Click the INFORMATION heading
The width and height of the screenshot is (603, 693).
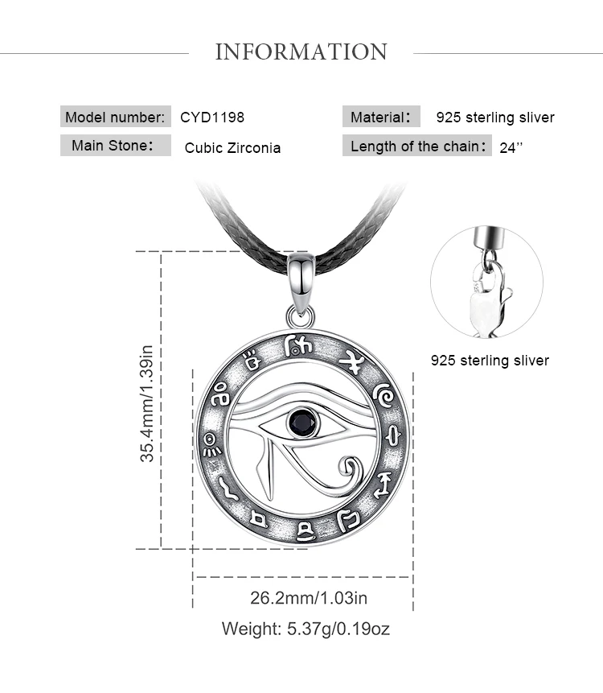click(301, 52)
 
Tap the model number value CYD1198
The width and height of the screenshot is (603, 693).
click(212, 117)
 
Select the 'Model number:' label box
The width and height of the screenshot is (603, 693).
click(116, 117)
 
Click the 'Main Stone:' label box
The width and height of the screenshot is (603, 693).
click(116, 146)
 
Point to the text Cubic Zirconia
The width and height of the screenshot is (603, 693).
click(232, 147)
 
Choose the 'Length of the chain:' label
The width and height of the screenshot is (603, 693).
click(416, 146)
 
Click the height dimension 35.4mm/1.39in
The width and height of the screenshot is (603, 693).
click(146, 403)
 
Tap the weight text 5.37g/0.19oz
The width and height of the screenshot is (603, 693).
click(306, 629)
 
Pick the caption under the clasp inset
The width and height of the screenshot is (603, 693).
click(490, 361)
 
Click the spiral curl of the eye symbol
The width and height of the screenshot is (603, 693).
click(351, 466)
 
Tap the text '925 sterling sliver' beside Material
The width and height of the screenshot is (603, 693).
click(495, 118)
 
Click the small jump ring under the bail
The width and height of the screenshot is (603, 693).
click(295, 313)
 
